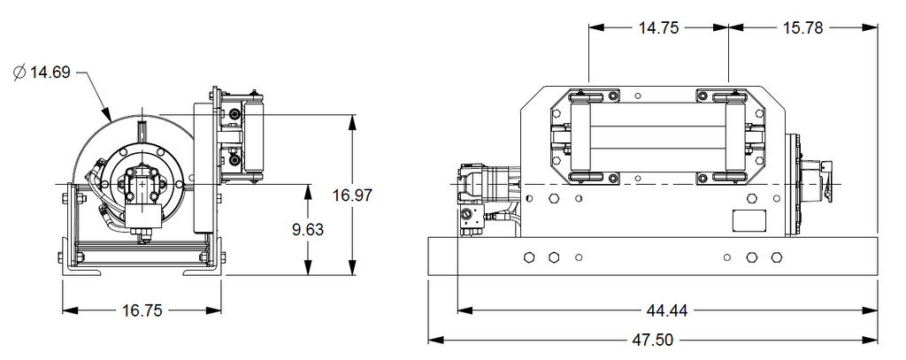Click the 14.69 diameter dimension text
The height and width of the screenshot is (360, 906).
tap(50, 73)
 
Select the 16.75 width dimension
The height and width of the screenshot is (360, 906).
tap(142, 310)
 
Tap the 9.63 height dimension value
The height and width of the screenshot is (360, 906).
tap(308, 230)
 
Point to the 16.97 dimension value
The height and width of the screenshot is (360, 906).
tap(352, 195)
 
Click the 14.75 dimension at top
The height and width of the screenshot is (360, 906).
tap(658, 27)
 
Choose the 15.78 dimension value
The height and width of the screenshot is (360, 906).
tap(802, 27)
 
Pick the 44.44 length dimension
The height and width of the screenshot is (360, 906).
tap(667, 310)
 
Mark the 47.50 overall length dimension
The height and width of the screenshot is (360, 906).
tap(653, 340)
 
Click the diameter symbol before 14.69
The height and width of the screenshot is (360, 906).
tap(20, 73)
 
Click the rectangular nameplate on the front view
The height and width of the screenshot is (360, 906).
tap(749, 221)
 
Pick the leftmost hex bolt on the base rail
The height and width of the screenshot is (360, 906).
tap(529, 257)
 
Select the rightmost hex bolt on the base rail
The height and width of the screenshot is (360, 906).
tap(777, 257)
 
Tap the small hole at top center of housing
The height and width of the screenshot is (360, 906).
tap(638, 96)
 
